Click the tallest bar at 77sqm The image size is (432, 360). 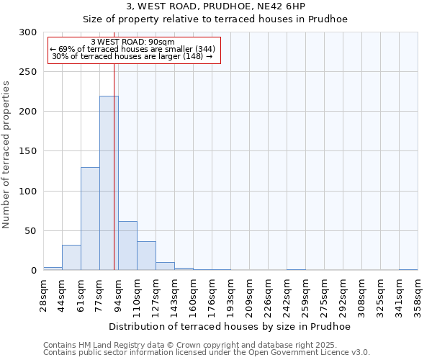click(109, 183)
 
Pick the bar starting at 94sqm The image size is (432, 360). click(127, 246)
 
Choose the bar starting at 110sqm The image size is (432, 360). click(146, 256)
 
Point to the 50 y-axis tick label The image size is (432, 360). click(31, 231)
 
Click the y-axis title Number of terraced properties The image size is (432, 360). click(6, 154)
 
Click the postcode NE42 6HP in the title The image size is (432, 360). click(308, 6)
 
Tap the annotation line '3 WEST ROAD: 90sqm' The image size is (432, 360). click(133, 42)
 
